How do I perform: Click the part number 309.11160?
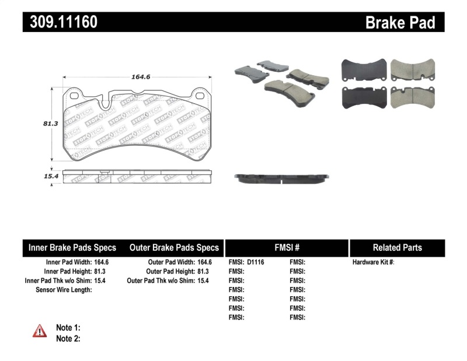point(60,22)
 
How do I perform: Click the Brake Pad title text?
point(400,23)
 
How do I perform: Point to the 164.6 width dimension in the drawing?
point(137,76)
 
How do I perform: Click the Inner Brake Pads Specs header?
point(72,247)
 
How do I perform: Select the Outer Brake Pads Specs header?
point(174,247)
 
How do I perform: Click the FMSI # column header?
point(286,247)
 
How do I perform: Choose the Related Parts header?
point(397,247)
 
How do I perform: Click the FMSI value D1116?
point(256,262)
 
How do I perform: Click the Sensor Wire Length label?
point(64,290)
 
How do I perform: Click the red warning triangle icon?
point(39,331)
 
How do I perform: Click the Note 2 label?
point(68,338)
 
